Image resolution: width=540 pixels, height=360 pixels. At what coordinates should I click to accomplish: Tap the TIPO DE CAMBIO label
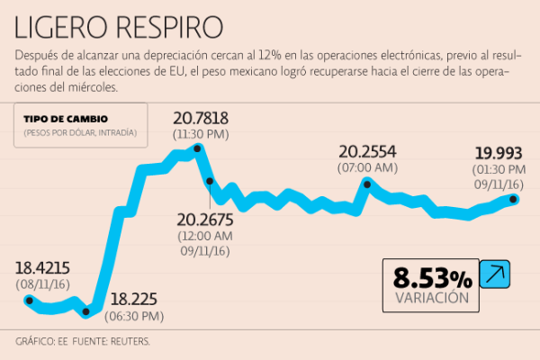pos(67,120)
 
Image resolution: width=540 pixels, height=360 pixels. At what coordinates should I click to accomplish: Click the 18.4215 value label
pos(42,267)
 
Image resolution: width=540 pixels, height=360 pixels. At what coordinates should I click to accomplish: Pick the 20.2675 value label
pos(205,219)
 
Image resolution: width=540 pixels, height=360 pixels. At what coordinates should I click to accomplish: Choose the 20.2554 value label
pos(367,151)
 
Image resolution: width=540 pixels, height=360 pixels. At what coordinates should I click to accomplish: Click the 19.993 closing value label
pos(499,153)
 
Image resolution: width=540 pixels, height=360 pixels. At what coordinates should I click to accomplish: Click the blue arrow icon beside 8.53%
pos(494,274)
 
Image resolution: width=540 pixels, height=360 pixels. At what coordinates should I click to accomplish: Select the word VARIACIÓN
pos(432,297)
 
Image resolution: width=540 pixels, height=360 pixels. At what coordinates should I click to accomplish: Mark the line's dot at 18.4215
pos(29,301)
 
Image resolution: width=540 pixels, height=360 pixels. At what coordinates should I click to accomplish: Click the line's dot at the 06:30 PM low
pos(86,313)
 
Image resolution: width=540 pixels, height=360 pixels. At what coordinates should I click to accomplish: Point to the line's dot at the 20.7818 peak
pos(199,148)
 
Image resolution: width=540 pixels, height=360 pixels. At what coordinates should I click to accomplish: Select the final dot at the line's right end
pos(514,199)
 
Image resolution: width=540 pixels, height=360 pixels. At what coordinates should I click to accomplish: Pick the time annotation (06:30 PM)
pos(136,316)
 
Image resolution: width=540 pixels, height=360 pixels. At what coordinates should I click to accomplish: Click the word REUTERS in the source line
pos(128,342)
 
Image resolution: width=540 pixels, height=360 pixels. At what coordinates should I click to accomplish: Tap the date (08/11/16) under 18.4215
pos(42,283)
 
